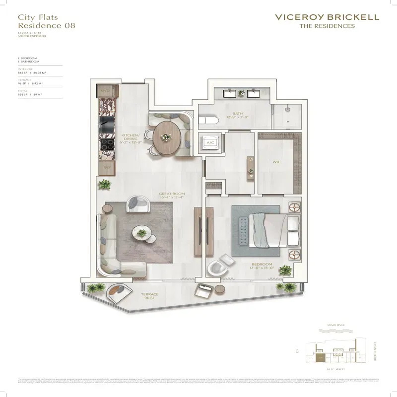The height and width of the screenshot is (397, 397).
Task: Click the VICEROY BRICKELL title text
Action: pos(327,17)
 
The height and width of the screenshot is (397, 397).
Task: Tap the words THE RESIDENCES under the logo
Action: pos(327,26)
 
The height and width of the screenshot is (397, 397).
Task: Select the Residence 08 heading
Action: pos(46,25)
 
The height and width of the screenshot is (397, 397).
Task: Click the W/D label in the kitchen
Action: pos(105,91)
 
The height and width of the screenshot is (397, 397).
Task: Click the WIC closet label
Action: pos(276,161)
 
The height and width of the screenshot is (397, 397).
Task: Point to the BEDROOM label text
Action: pos(262,265)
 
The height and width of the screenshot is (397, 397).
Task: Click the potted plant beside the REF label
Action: pos(105,185)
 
